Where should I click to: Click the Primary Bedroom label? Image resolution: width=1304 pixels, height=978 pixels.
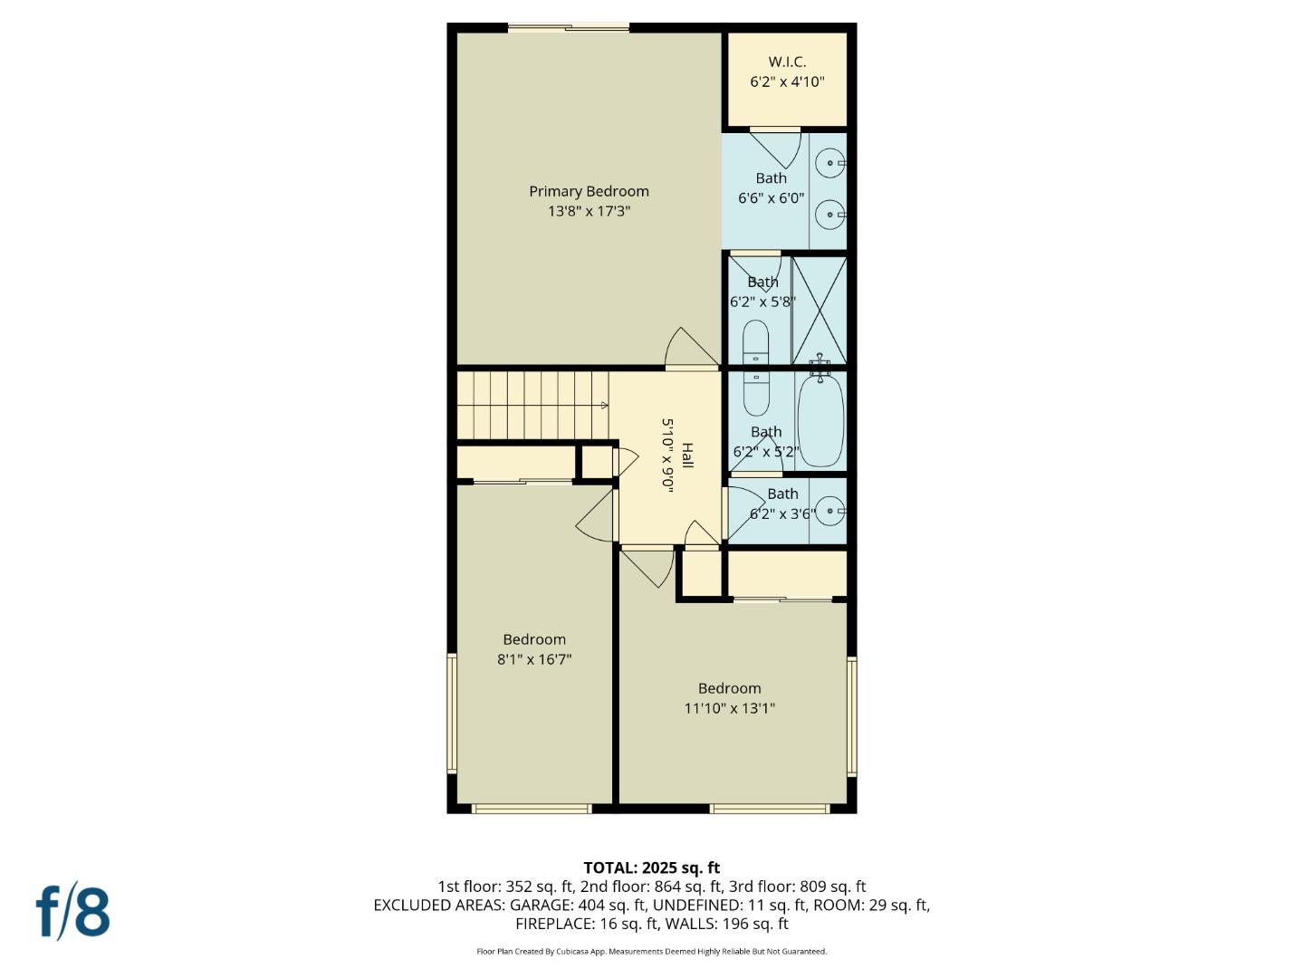(x=589, y=191)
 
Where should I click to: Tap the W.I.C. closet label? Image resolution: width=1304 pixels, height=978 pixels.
(x=787, y=62)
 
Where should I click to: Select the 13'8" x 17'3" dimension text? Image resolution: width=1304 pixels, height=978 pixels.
(x=589, y=211)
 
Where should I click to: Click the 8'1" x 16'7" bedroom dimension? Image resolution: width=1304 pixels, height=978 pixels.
(x=534, y=659)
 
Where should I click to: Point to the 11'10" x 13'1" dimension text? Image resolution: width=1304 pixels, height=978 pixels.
(x=729, y=708)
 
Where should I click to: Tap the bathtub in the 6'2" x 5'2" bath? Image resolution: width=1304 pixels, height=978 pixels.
(x=820, y=420)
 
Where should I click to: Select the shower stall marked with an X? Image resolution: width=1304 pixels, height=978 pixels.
(x=820, y=310)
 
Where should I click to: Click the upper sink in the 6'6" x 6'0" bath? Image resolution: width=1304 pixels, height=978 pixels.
(x=829, y=164)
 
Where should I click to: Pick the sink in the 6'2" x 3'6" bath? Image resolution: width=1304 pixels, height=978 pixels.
(x=829, y=511)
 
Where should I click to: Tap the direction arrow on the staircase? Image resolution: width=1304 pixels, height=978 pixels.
(x=604, y=406)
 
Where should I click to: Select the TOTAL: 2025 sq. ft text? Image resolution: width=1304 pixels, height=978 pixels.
(x=651, y=868)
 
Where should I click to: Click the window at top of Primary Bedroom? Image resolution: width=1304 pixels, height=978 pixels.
(x=568, y=28)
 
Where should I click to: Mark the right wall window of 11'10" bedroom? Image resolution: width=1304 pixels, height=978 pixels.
(x=851, y=715)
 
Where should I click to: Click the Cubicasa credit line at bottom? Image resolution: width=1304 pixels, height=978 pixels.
(x=651, y=952)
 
